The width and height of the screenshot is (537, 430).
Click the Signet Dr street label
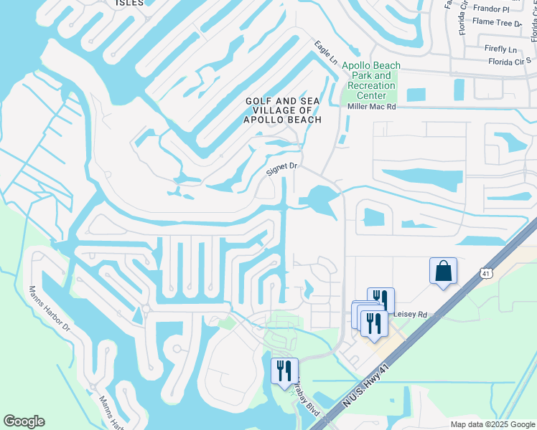coord(281,171)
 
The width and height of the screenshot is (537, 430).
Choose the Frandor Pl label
coord(490,9)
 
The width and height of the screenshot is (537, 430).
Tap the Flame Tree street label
coord(497,23)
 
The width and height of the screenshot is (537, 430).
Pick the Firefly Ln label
coord(501,49)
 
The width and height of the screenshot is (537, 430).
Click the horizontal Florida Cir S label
coord(509,62)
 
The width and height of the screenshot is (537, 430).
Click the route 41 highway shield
coord(487,272)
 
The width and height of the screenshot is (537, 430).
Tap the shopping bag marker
coord(443,272)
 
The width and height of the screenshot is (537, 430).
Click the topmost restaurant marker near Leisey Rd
coord(380,299)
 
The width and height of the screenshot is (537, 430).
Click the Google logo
coord(24,421)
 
